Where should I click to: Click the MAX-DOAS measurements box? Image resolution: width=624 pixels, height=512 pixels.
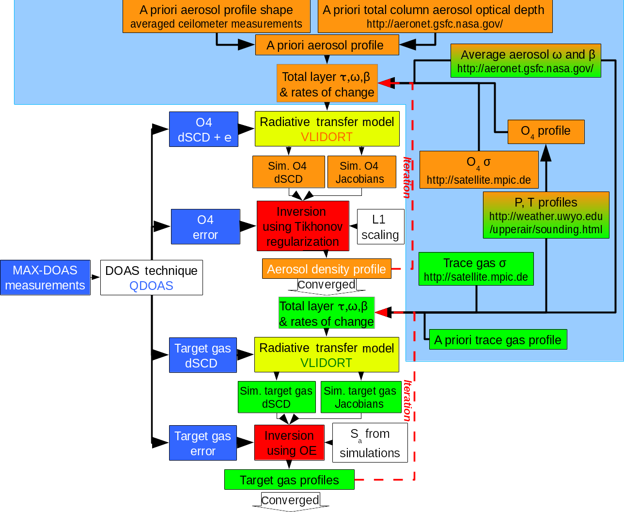click(45, 278)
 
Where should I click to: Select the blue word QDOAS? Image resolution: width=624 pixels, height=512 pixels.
click(151, 286)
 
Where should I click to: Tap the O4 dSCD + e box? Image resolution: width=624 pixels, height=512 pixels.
click(203, 129)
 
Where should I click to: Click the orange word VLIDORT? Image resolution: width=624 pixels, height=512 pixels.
click(327, 137)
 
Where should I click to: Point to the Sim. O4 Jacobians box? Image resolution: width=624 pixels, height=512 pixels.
click(361, 172)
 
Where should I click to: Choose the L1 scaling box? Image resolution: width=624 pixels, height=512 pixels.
click(380, 227)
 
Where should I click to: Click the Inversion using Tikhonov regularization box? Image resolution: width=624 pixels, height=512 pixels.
click(303, 226)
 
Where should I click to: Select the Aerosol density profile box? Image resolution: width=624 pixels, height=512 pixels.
click(327, 269)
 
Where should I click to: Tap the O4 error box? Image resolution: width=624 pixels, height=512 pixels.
click(205, 227)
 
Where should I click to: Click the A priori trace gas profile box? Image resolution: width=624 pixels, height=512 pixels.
click(498, 340)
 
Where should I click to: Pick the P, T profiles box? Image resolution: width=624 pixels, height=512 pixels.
click(546, 215)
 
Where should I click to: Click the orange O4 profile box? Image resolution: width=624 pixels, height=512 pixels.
click(546, 132)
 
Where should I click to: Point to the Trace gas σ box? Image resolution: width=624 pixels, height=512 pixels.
click(476, 269)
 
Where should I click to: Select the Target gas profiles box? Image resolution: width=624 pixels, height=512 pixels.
click(289, 480)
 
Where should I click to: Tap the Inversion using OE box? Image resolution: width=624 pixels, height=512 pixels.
click(289, 443)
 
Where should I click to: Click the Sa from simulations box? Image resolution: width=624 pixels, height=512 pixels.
click(370, 443)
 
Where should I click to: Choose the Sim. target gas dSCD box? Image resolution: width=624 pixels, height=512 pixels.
click(276, 397)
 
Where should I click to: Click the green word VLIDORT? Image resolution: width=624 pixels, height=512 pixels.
click(326, 363)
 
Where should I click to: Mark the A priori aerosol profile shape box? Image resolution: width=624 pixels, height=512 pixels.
click(216, 16)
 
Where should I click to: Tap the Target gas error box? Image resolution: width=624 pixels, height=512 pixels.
click(203, 443)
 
